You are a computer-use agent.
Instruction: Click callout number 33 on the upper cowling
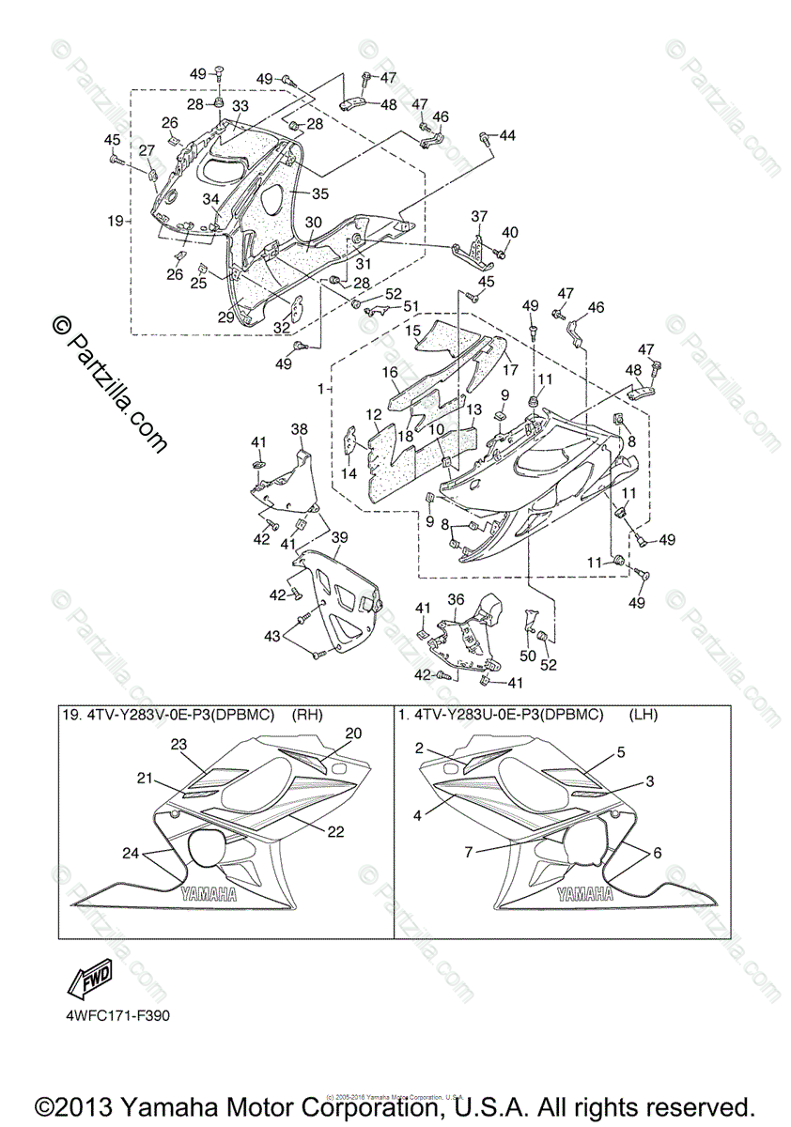[240, 105]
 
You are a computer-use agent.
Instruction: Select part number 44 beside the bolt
[507, 136]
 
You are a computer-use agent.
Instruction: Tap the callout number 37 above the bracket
[480, 216]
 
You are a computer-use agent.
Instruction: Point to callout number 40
[510, 232]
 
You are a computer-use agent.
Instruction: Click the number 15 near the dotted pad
[413, 331]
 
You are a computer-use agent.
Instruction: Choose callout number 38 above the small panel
[299, 429]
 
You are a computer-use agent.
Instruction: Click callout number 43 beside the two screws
[271, 637]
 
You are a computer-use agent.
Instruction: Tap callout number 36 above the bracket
[456, 599]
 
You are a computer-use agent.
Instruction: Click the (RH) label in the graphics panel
[307, 715]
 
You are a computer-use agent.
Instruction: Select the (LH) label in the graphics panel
[644, 715]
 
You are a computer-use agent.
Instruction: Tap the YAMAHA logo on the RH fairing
[208, 894]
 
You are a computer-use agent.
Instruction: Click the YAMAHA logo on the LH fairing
[585, 894]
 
